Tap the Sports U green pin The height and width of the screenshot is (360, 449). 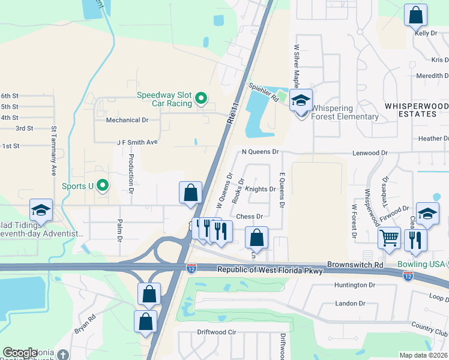pyautogui.click(x=103, y=185)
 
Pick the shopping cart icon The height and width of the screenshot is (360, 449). pyautogui.click(x=389, y=238)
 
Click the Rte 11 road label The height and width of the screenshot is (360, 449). pyautogui.click(x=232, y=112)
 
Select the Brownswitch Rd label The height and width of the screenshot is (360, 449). pyautogui.click(x=355, y=264)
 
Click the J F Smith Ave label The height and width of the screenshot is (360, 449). pyautogui.click(x=137, y=142)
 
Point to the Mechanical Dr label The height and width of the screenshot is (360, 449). pyautogui.click(x=127, y=120)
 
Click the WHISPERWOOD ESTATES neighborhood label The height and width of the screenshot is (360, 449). pyautogui.click(x=416, y=110)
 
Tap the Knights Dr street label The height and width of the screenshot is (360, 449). pyautogui.click(x=261, y=189)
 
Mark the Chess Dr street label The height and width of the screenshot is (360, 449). pyautogui.click(x=250, y=216)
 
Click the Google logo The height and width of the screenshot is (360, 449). pyautogui.click(x=20, y=353)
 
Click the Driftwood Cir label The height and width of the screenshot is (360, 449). pyautogui.click(x=217, y=332)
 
